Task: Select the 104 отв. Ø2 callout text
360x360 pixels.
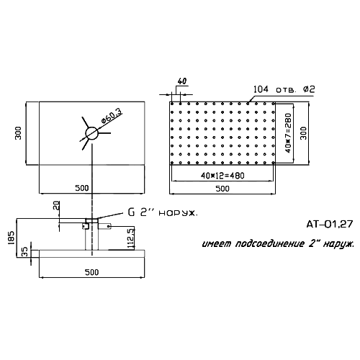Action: (284, 89)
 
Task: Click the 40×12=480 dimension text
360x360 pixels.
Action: (222, 176)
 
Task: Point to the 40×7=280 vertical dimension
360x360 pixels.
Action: (288, 133)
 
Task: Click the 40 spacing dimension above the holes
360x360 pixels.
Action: (182, 81)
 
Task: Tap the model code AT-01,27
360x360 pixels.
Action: (330, 224)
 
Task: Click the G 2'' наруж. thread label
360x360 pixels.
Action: (163, 212)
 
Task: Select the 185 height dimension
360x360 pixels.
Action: (12, 238)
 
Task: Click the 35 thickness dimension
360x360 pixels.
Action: (25, 252)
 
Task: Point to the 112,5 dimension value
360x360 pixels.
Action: (131, 238)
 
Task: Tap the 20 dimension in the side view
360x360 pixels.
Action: (56, 206)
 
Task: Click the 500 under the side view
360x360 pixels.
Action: (92, 272)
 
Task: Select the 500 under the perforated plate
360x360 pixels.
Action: (222, 189)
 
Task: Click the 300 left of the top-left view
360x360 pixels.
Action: (18, 133)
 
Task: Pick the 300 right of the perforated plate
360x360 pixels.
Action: (303, 133)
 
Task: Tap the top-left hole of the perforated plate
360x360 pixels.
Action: (172, 104)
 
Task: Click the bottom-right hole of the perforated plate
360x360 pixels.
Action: (274, 163)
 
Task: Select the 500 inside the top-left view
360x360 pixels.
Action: (82, 188)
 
